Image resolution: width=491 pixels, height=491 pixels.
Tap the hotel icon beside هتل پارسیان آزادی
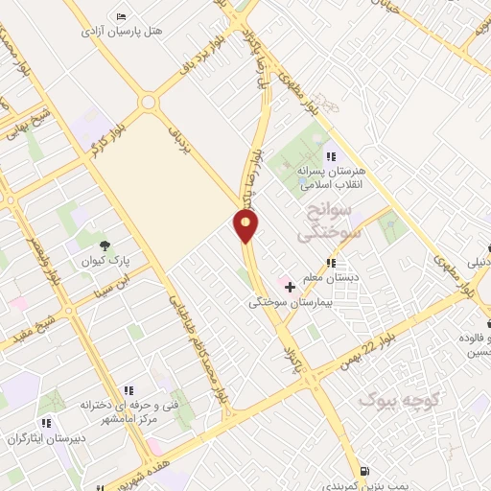pos(121,17)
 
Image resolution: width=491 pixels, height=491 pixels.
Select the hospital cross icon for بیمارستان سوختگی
pos(291,286)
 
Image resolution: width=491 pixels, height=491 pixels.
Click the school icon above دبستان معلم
pos(331,262)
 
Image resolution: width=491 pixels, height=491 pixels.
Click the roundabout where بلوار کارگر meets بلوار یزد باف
pos(149,102)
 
